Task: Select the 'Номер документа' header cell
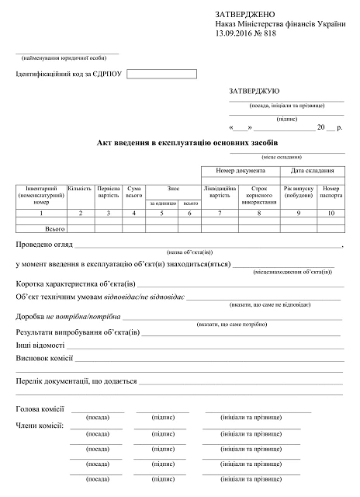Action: (241, 171)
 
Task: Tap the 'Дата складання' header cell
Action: (313, 171)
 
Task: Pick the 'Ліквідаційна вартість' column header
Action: (220, 192)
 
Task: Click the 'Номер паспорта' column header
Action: (331, 192)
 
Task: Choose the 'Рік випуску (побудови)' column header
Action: (298, 192)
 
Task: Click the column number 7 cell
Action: (220, 212)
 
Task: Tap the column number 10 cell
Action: (331, 212)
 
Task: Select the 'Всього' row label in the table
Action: (54, 230)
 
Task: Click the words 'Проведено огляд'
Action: (43, 245)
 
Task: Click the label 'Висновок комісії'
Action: (44, 359)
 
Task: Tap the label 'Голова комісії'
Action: (40, 408)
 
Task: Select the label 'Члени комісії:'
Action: (40, 426)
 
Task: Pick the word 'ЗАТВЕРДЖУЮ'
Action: (254, 91)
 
